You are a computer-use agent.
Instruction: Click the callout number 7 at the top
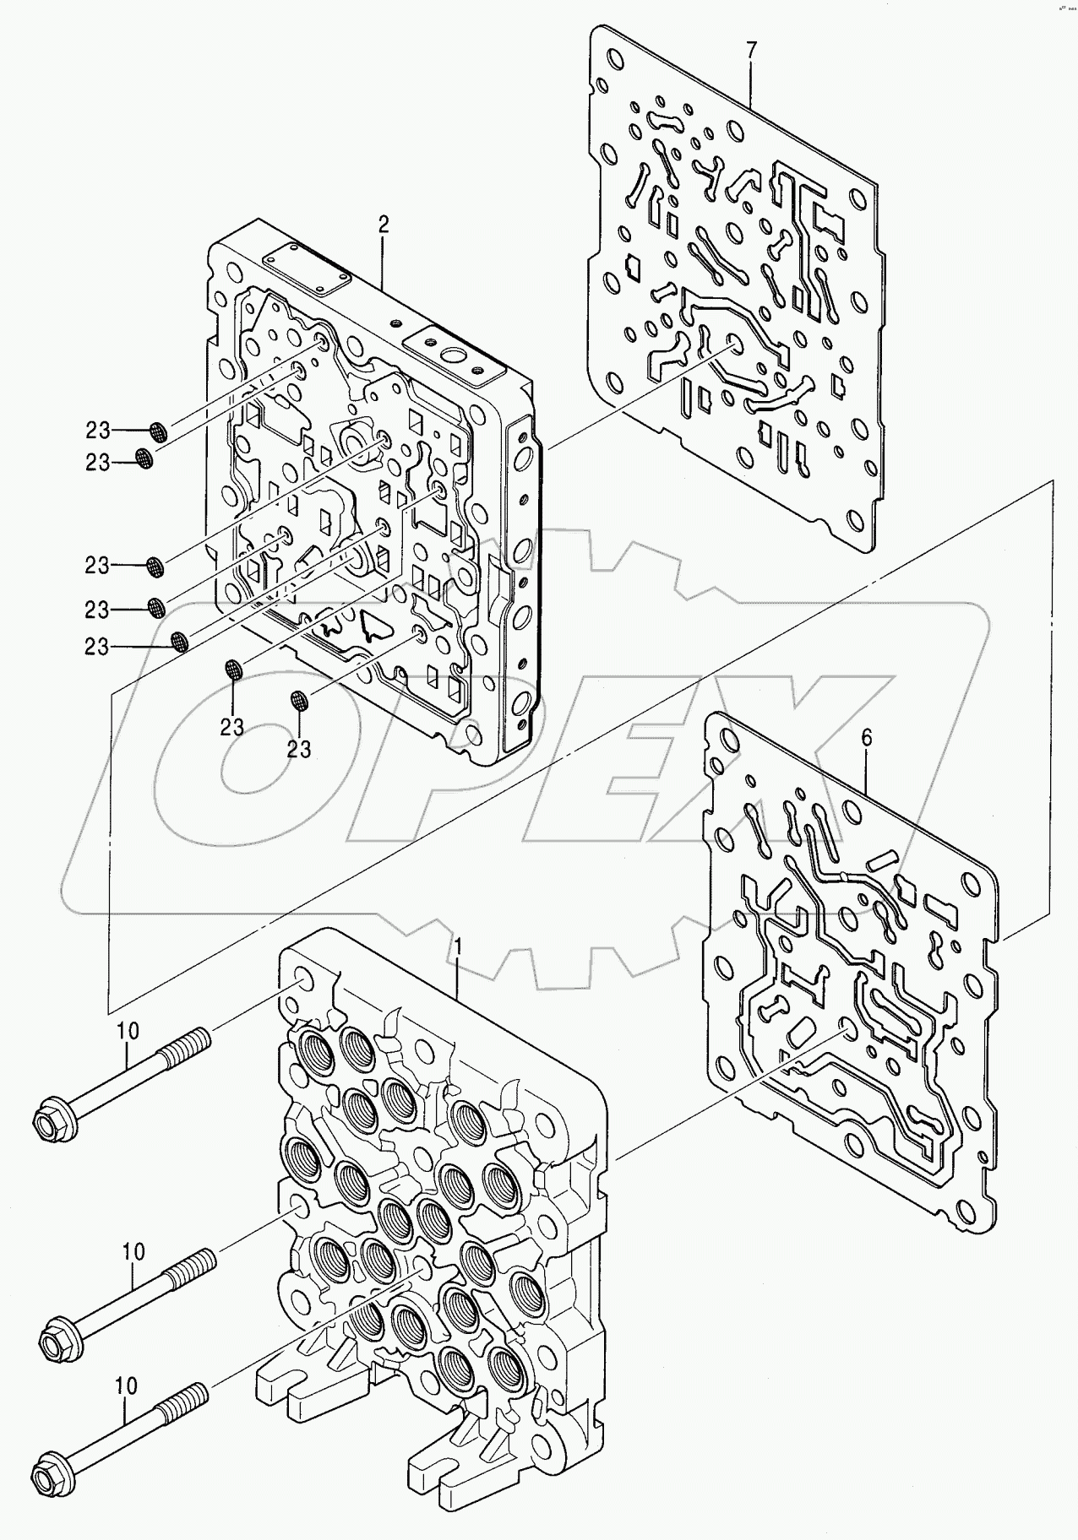[x=751, y=49]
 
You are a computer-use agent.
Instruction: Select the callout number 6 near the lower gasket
[x=866, y=737]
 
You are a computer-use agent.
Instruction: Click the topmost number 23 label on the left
[x=98, y=431]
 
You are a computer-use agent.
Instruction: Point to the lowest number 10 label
[x=126, y=1385]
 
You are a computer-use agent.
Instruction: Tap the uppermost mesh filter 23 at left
[x=158, y=432]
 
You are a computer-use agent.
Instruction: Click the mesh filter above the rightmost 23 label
[x=297, y=700]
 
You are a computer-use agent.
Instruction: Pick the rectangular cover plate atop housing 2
[x=307, y=270]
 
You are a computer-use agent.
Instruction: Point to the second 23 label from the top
[x=98, y=462]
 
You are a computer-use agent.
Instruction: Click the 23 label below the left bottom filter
[x=232, y=726]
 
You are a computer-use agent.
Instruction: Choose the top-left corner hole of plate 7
[x=601, y=86]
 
